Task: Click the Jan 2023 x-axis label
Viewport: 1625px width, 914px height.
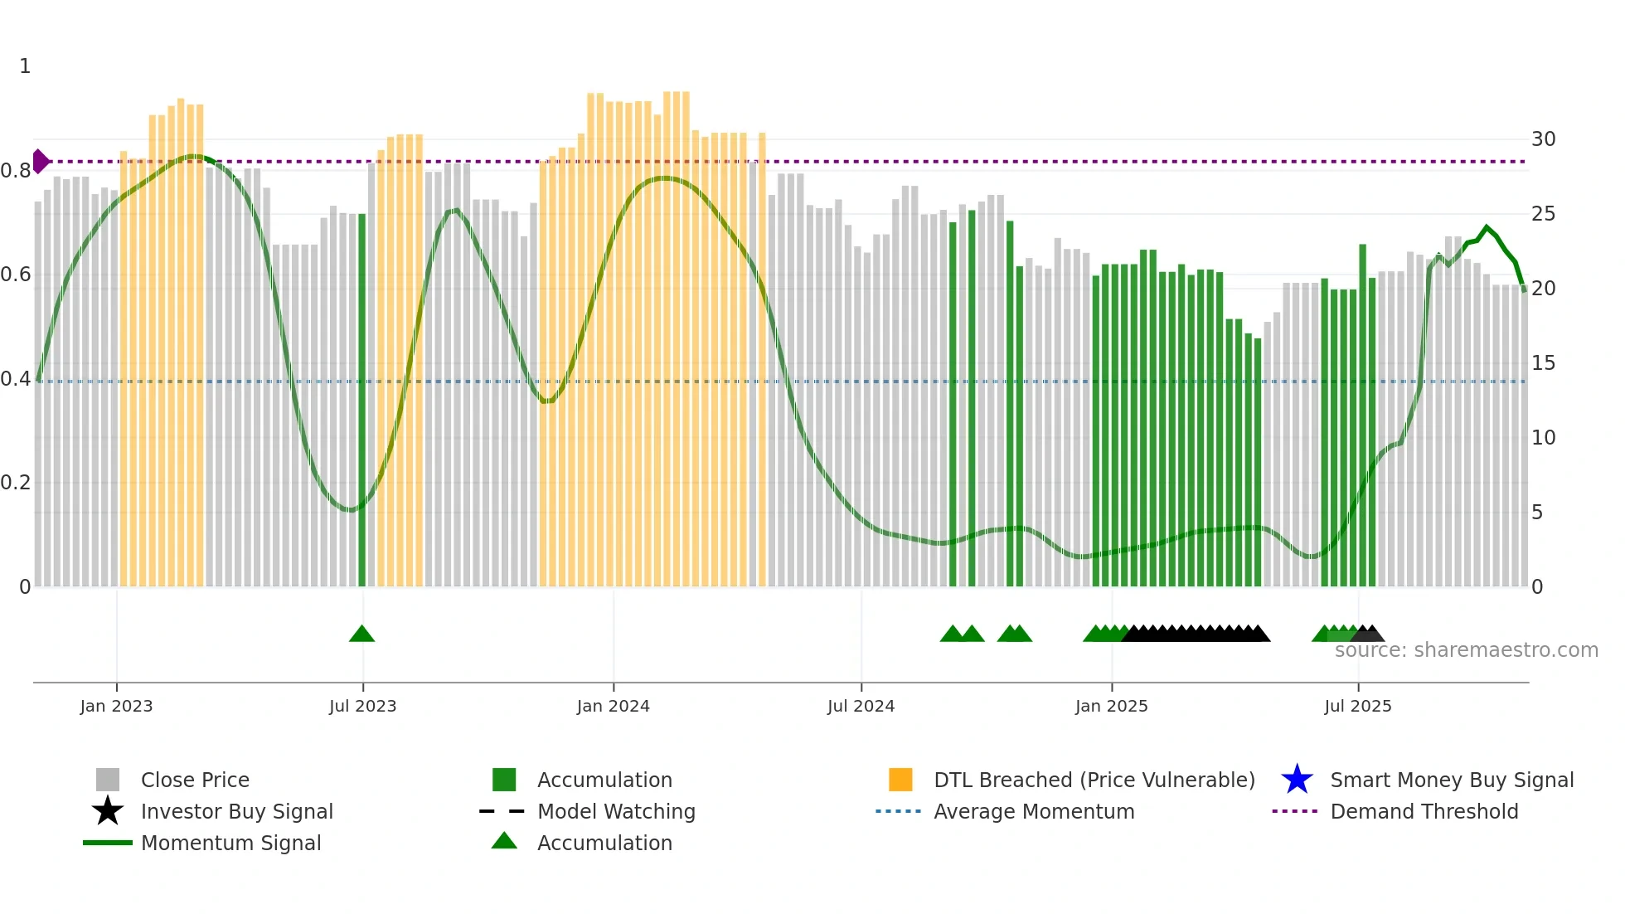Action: tap(116, 706)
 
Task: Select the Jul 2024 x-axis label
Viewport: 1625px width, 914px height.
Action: tap(861, 706)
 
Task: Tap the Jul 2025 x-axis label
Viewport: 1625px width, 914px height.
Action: tap(1357, 706)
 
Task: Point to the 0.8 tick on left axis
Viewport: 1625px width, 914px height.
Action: tap(16, 171)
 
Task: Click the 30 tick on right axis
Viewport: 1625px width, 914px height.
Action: tap(1543, 139)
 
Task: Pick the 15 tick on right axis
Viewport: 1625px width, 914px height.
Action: tap(1543, 363)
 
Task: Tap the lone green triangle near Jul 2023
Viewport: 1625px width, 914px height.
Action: tap(361, 634)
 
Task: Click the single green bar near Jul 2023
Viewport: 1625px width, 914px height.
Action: tap(361, 398)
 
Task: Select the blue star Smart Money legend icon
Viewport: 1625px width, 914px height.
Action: tap(1297, 780)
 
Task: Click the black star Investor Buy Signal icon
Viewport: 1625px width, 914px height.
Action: tap(108, 811)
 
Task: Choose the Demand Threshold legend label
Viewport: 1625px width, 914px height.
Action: tap(1424, 811)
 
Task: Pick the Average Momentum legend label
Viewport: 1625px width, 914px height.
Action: tap(1033, 811)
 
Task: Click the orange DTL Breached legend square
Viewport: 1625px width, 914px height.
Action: tap(900, 780)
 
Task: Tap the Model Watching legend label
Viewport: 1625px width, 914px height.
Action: tap(616, 811)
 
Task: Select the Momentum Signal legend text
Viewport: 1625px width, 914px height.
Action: tap(230, 843)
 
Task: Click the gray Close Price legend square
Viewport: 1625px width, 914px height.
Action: tap(108, 780)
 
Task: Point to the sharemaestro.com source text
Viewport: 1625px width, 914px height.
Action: tap(1466, 650)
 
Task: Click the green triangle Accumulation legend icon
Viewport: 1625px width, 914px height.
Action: tap(504, 841)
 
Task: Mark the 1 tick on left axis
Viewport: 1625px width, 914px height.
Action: tap(25, 66)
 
